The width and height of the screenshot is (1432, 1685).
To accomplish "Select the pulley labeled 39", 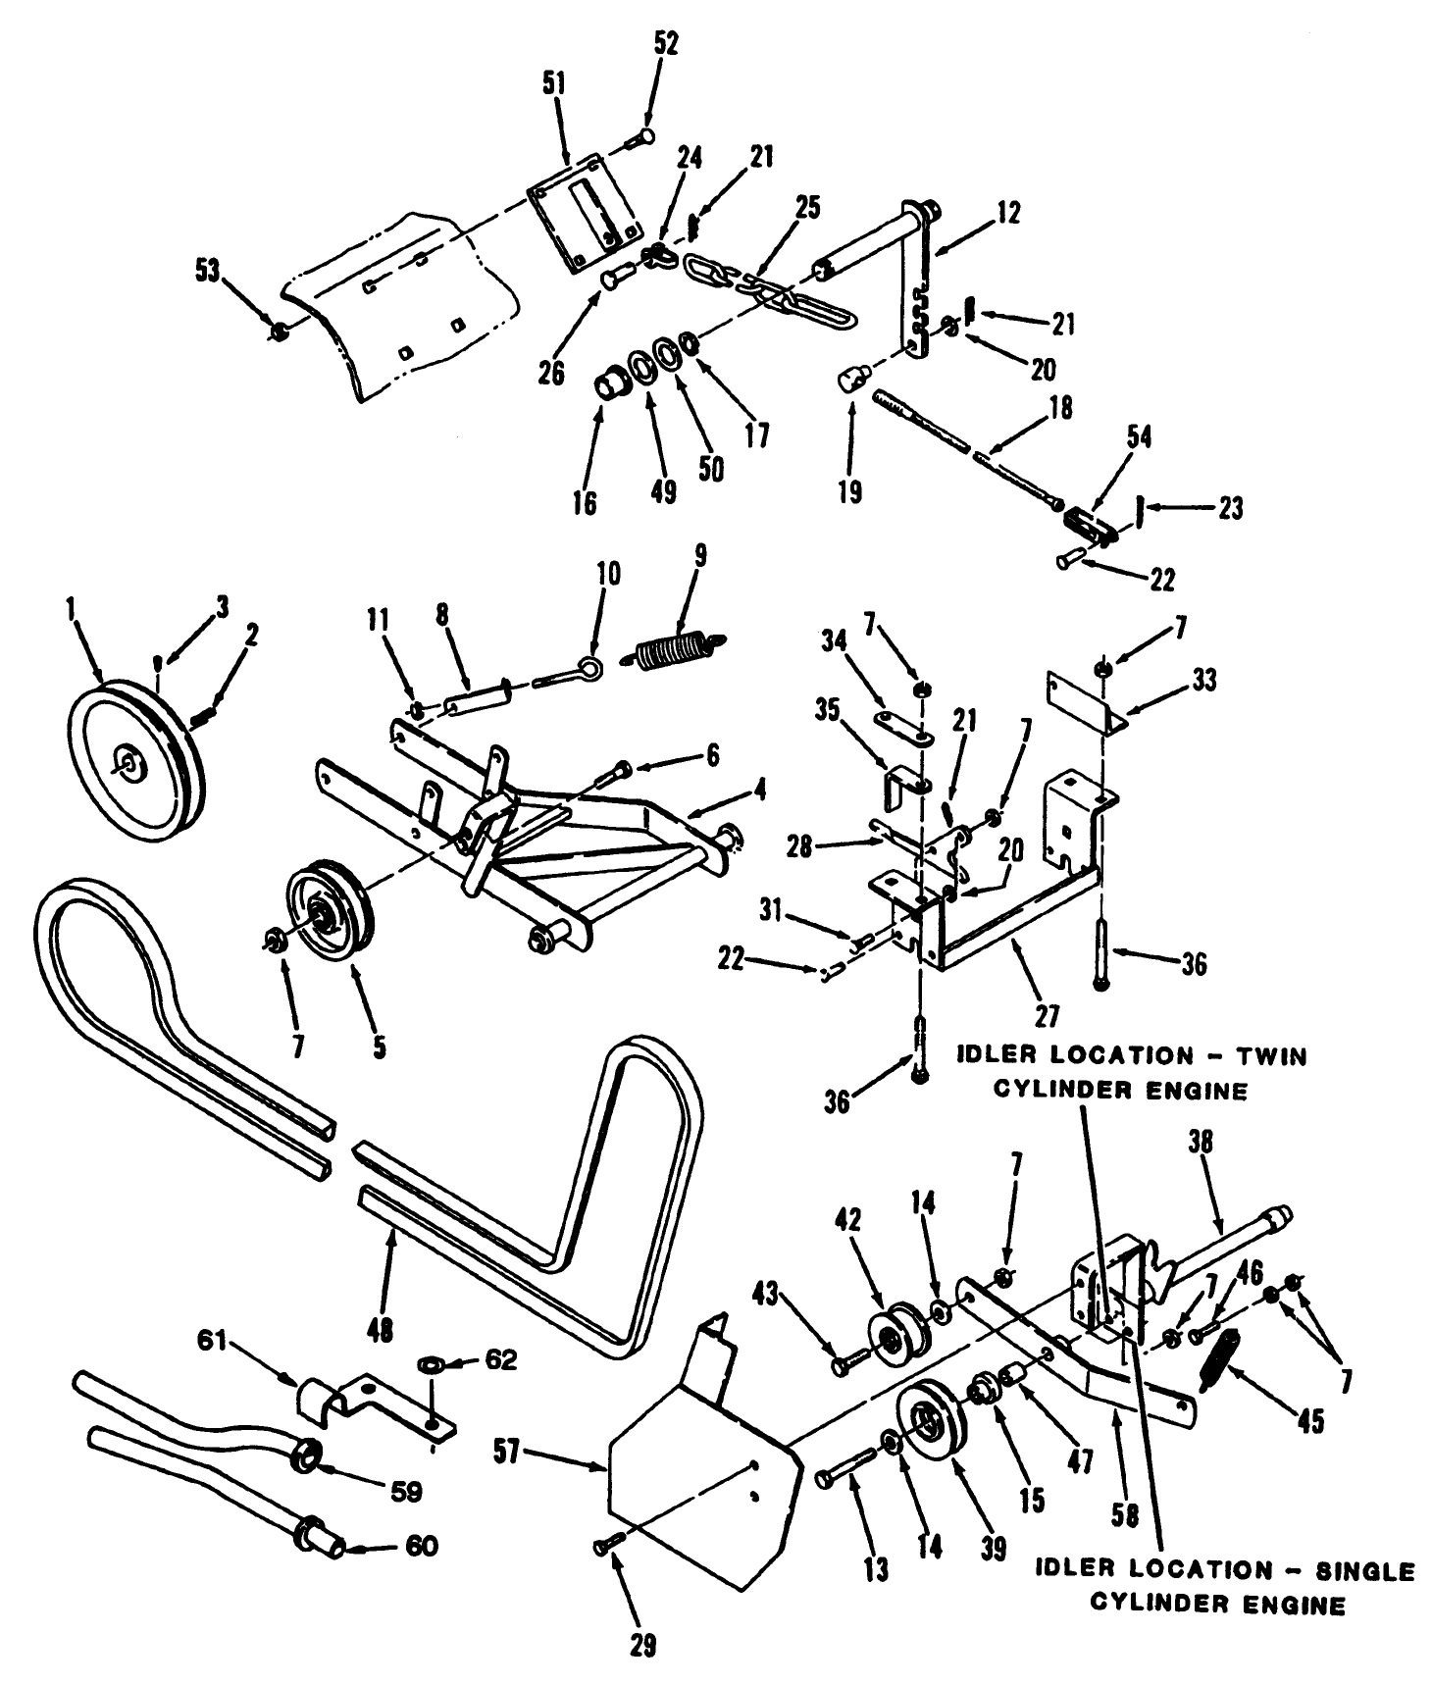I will pyautogui.click(x=928, y=1426).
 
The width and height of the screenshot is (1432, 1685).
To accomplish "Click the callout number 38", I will pyautogui.click(x=1201, y=1142).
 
